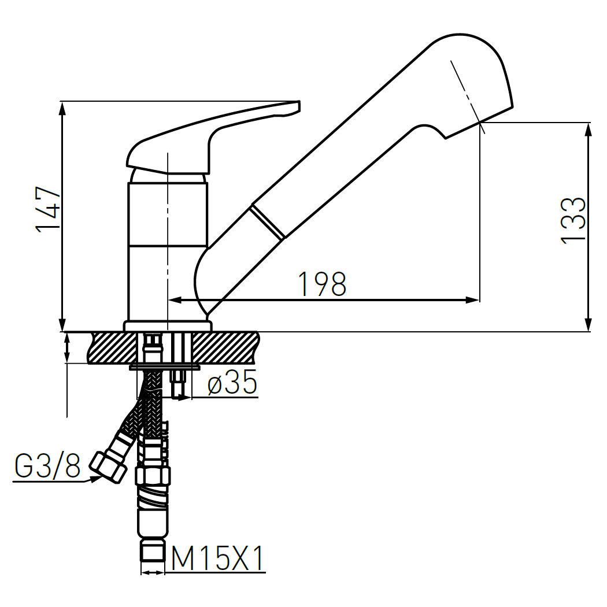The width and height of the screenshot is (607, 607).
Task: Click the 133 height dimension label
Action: tap(573, 221)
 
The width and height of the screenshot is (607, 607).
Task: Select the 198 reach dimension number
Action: tap(322, 284)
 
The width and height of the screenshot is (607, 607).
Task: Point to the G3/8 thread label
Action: tap(47, 467)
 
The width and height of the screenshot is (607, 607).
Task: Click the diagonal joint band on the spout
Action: tap(267, 221)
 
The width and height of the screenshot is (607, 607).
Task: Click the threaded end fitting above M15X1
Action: tap(153, 552)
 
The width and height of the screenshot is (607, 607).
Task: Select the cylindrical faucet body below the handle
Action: tap(167, 249)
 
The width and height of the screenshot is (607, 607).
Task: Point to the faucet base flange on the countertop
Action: tap(167, 326)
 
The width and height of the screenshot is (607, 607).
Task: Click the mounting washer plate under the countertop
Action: tap(165, 367)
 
